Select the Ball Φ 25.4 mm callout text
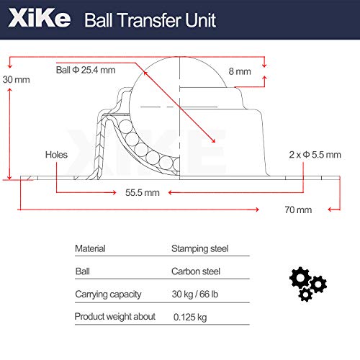pyautogui.click(x=86, y=70)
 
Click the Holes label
pyautogui.click(x=55, y=154)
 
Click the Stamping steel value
pyautogui.click(x=199, y=248)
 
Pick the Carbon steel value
pyautogui.click(x=195, y=271)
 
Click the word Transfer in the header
pyautogui.click(x=152, y=19)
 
